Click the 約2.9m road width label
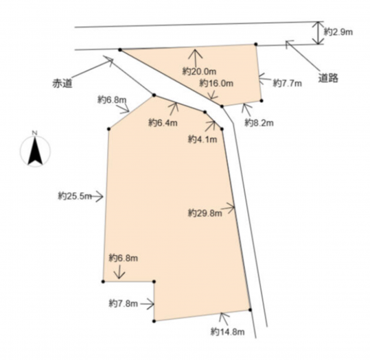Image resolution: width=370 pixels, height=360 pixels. [x=338, y=32]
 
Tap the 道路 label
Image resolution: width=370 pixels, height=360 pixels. [x=328, y=77]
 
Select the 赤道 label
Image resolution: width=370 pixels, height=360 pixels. [x=62, y=84]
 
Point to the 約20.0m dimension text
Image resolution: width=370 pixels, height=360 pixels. [x=199, y=71]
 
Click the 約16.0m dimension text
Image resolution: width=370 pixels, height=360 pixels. [x=216, y=83]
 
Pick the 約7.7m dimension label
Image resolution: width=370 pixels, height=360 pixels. [x=287, y=83]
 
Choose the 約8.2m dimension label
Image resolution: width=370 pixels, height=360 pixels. [x=259, y=123]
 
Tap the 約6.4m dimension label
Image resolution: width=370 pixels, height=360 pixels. [x=163, y=123]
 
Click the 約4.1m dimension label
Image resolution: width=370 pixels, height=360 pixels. [x=203, y=139]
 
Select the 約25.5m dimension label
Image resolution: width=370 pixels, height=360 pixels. [x=75, y=196]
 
